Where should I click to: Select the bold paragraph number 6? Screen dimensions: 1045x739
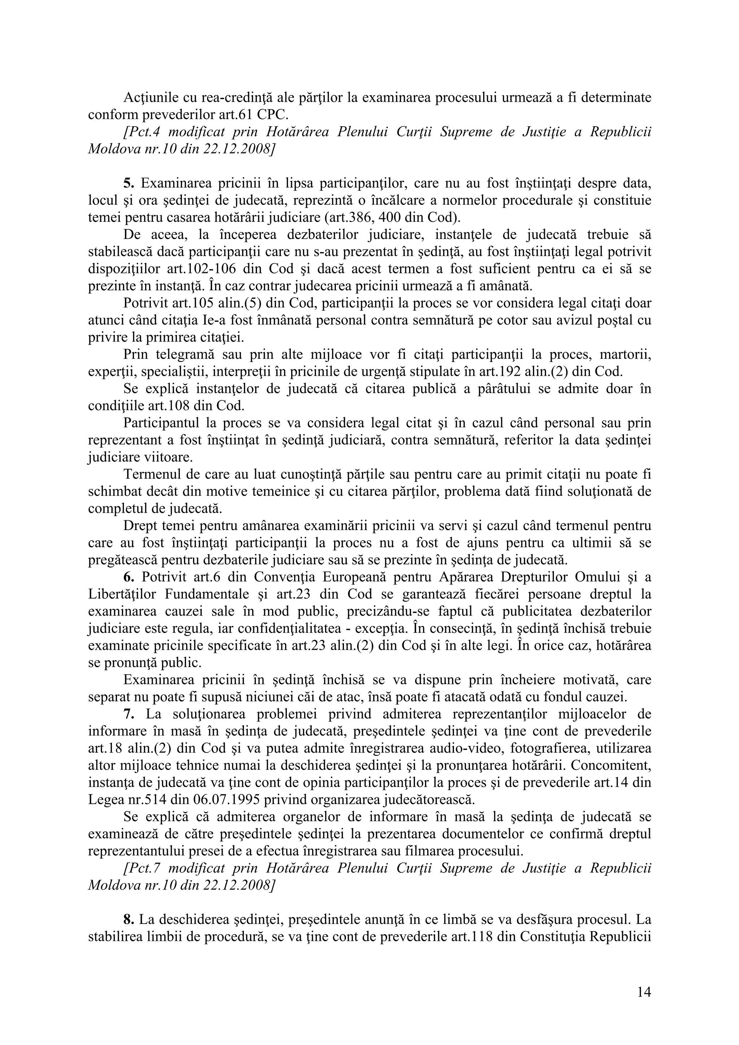(x=128, y=577)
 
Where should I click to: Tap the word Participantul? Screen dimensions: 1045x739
(x=160, y=423)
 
